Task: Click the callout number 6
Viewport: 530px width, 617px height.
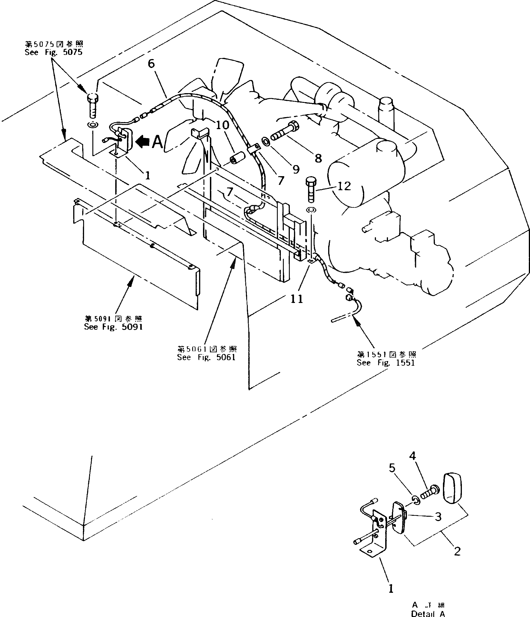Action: (151, 64)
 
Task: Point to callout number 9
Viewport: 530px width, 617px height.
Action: (296, 169)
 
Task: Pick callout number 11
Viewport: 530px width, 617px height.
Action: (297, 299)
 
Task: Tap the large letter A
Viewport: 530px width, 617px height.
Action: (157, 142)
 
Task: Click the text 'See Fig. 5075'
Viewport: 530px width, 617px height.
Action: (53, 52)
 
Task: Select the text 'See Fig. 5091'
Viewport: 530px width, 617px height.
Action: (113, 327)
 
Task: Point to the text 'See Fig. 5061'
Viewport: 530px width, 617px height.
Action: (206, 357)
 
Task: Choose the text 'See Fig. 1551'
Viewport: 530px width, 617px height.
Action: (386, 363)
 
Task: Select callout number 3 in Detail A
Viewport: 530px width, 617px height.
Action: (438, 517)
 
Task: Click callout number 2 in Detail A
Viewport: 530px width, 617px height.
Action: (457, 552)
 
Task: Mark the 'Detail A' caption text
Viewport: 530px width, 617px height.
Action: (428, 614)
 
